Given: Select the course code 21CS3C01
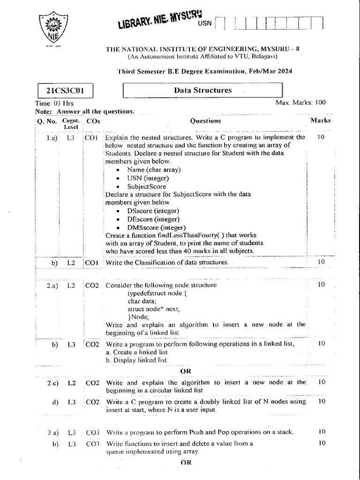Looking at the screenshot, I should pos(64,90).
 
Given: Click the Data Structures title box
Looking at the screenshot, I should pos(202,90).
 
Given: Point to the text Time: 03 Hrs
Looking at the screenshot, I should pos(54,103).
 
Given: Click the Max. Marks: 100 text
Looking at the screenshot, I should pos(300,103).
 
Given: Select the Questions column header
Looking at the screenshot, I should pos(205,120).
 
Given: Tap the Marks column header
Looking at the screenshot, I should pos(320,120).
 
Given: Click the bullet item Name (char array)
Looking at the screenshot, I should pos(154,170).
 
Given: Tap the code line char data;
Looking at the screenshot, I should pos(142,301).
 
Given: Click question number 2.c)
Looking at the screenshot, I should pos(52,382).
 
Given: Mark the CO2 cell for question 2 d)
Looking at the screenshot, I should pos(92,402).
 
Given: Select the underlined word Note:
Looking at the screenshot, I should pos(44,112).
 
